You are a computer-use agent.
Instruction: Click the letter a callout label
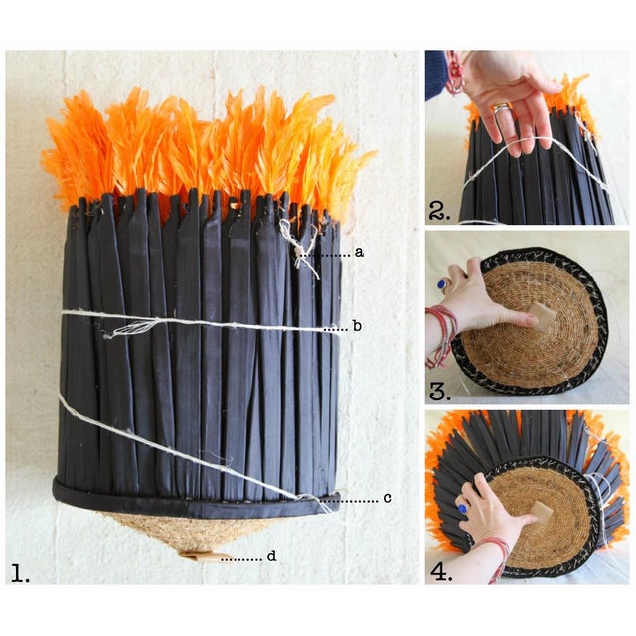coord(359,253)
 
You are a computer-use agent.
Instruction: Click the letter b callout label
coord(357,326)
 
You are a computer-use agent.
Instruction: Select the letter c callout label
coord(387,497)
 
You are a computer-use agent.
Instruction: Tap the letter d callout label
coord(271,556)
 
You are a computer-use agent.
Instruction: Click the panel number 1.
coord(20,573)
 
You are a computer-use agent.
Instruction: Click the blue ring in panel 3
coord(441,284)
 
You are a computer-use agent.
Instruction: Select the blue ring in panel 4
coord(463,508)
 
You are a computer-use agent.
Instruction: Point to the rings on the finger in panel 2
coord(501,108)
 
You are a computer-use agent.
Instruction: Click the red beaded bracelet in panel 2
coord(455,73)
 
